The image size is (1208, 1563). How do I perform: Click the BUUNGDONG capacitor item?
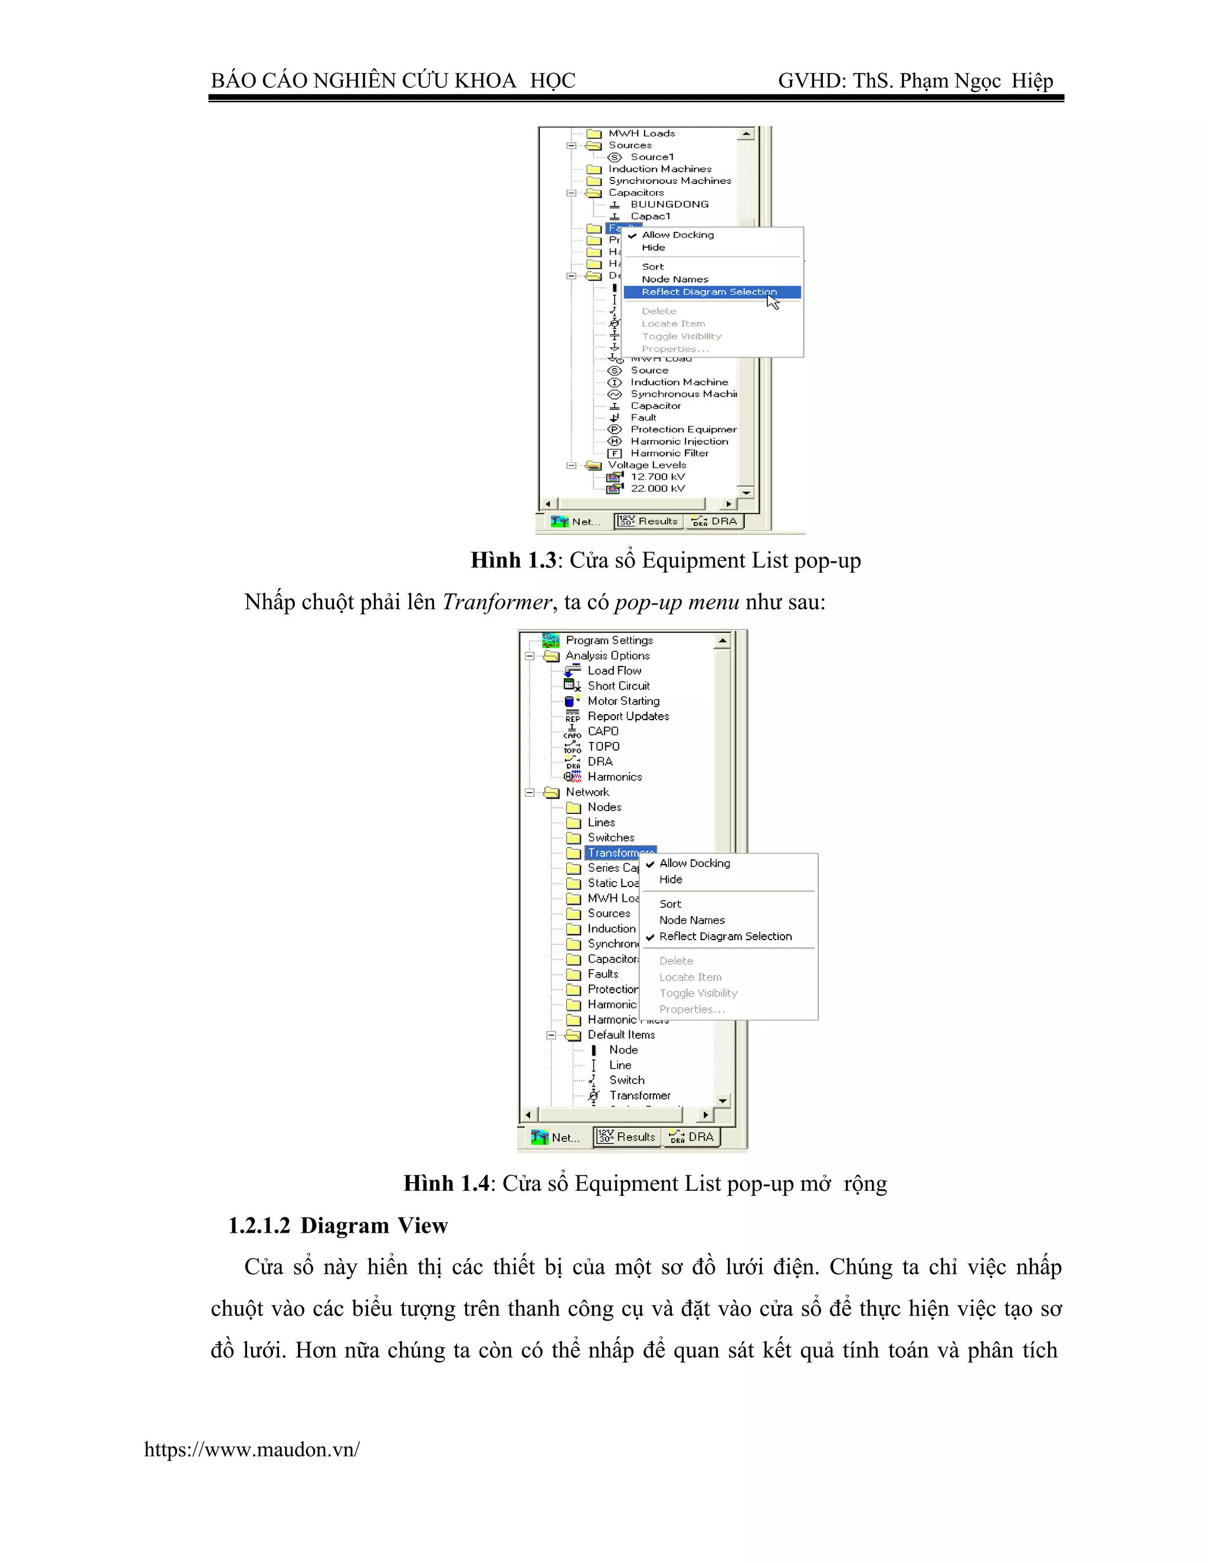click(669, 205)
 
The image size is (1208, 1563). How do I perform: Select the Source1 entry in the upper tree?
click(651, 157)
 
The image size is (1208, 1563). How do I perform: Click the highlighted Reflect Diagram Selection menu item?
click(708, 292)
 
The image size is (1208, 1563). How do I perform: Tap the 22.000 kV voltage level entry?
click(657, 489)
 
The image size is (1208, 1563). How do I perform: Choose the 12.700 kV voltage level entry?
click(657, 477)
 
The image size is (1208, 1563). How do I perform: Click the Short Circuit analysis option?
click(618, 685)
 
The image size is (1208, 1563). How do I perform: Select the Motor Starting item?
click(623, 701)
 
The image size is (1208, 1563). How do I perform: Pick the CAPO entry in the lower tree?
click(603, 731)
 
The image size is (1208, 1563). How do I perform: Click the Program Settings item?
click(609, 641)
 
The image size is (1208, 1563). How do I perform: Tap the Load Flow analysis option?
click(614, 671)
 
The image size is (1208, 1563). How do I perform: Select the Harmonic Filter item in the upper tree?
click(668, 453)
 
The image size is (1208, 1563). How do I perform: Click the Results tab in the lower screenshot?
click(628, 1137)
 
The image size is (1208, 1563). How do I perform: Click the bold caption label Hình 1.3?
click(513, 560)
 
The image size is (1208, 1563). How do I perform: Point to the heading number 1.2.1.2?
click(259, 1226)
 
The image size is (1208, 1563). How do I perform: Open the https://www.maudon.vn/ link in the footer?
click(251, 1450)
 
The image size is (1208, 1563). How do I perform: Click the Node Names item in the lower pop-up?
click(691, 920)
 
